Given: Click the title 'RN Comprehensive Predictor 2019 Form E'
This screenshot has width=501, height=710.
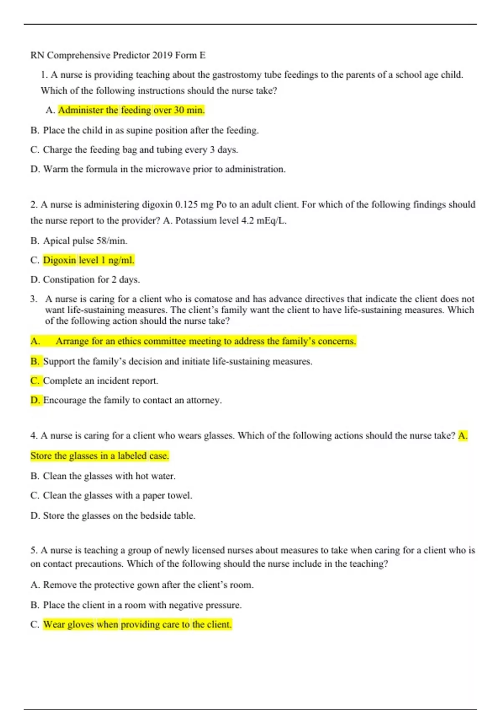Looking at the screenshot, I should click(118, 55).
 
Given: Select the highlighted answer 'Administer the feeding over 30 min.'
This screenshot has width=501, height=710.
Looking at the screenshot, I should click(131, 110).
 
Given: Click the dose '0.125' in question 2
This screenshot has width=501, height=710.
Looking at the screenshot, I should click(186, 205).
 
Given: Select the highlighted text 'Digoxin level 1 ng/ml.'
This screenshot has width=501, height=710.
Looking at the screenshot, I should click(89, 260).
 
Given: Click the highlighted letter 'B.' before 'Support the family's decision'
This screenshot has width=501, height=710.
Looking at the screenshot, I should click(35, 361).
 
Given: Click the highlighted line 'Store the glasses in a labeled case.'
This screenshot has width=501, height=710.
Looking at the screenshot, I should click(100, 456).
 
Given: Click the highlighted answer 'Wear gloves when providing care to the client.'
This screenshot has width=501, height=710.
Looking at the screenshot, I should click(137, 624).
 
